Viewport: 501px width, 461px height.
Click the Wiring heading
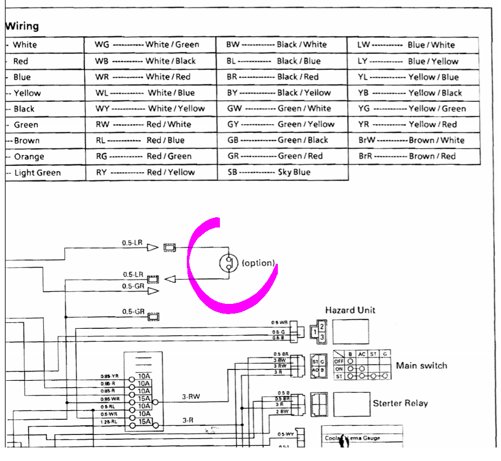[22, 26]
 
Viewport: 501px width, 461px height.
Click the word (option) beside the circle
[258, 263]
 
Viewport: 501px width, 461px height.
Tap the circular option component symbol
[229, 263]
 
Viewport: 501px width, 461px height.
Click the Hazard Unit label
[350, 310]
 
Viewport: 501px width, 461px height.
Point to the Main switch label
[421, 366]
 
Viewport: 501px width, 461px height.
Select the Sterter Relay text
[400, 404]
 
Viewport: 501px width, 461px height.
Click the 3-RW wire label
[191, 397]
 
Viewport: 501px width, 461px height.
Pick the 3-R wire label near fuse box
[188, 420]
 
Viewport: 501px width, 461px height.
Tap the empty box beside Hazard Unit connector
[350, 332]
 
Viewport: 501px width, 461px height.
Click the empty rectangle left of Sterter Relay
[352, 404]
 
